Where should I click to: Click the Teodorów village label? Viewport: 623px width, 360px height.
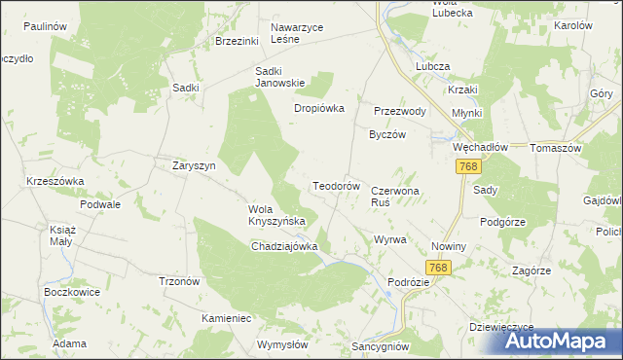(x=337, y=185)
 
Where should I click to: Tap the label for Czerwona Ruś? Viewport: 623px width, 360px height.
(x=394, y=198)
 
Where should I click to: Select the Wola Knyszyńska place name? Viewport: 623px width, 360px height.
(x=277, y=215)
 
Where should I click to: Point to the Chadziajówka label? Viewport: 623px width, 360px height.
(x=285, y=246)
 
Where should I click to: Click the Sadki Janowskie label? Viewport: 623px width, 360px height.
(x=281, y=76)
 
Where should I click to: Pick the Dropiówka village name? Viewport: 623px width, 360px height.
(x=320, y=108)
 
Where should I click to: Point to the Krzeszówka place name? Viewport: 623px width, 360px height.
(x=55, y=182)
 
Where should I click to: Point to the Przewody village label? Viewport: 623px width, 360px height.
(x=400, y=111)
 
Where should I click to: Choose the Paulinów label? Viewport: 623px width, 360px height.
(x=45, y=26)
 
